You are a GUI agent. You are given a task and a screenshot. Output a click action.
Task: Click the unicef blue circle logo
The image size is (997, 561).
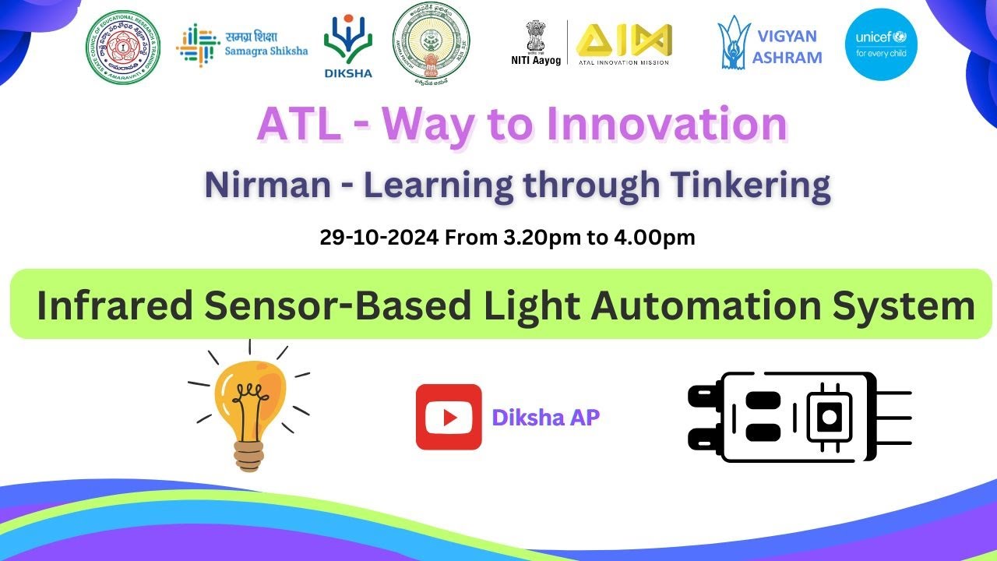[x=881, y=44]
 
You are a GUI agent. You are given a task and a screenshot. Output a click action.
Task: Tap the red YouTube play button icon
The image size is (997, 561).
[x=449, y=417]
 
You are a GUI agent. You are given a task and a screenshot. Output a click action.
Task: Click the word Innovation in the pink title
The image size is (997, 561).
[x=667, y=125]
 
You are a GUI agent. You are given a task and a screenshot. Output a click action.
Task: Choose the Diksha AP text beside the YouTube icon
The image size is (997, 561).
[x=546, y=418]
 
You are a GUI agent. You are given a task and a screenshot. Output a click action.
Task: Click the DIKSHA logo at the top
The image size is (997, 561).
[x=348, y=44]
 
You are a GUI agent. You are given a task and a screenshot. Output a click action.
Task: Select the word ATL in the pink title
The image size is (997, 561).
[x=298, y=125]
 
